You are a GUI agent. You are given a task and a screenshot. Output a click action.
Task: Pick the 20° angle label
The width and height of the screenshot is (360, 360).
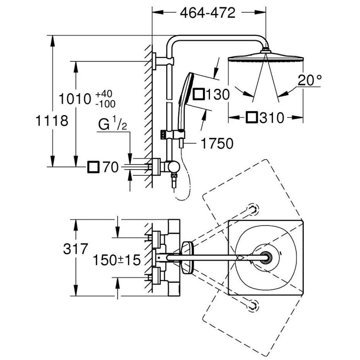pyautogui.click(x=309, y=81)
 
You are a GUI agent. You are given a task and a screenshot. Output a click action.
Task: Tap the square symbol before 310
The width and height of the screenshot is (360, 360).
pyautogui.click(x=252, y=118)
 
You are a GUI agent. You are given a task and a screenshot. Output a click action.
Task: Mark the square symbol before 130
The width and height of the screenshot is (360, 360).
pyautogui.click(x=199, y=95)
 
